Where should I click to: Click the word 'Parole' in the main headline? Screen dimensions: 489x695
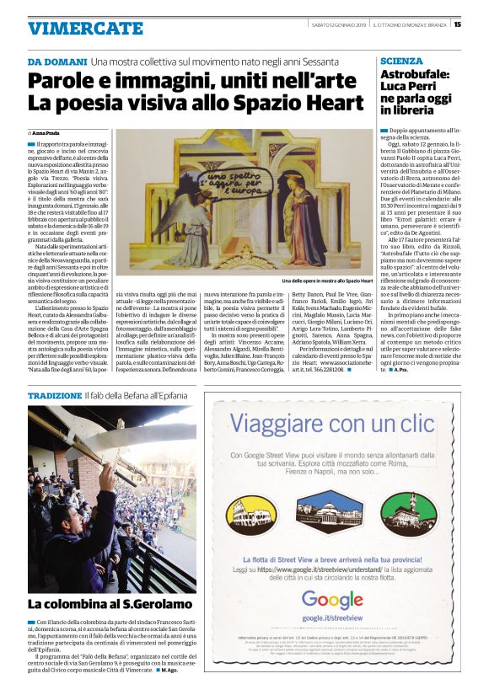tap(63, 83)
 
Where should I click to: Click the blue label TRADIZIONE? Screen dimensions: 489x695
tap(54, 395)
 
